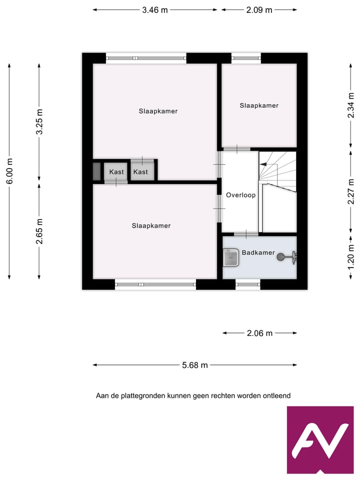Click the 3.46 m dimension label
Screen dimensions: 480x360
click(155, 9)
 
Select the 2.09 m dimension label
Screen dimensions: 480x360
click(259, 9)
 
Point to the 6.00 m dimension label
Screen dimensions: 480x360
click(9, 170)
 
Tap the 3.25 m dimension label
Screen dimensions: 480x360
click(39, 121)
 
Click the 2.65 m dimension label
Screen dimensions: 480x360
click(39, 231)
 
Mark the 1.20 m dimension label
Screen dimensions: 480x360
click(351, 253)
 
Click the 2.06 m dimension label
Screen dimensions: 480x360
click(259, 333)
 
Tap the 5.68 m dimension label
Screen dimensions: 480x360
click(194, 365)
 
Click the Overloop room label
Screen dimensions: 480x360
click(240, 195)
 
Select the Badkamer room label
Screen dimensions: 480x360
click(258, 252)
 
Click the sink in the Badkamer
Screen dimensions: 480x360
click(231, 258)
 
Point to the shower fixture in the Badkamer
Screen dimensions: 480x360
click(287, 257)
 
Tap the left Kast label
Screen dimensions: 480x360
click(116, 172)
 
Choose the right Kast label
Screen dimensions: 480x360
click(141, 172)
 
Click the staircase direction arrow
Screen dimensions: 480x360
click(263, 184)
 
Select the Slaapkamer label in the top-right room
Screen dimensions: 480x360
click(259, 105)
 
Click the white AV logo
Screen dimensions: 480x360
click(320, 440)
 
